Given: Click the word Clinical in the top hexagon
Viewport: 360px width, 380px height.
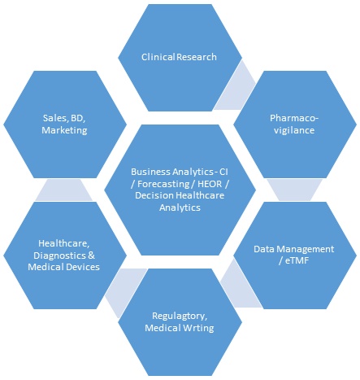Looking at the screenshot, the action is coord(158,57).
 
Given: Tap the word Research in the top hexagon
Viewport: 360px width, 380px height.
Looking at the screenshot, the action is coord(197,57).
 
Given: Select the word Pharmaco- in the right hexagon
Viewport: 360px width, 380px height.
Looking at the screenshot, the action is coord(294,118).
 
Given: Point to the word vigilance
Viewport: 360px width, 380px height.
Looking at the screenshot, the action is coord(294,130).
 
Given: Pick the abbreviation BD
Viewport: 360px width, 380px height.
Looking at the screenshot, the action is coord(78,118).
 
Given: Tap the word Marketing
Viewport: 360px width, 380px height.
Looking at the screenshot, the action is coord(64,130).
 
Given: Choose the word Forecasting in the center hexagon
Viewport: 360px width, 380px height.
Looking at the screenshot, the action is coord(163,184).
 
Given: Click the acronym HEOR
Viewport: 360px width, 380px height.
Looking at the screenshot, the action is coord(210,184).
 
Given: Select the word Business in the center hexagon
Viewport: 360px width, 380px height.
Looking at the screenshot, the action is coord(150,172).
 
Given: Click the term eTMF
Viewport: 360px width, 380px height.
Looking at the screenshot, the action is coord(297,260).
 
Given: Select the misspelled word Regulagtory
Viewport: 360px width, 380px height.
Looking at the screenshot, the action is coord(180,316).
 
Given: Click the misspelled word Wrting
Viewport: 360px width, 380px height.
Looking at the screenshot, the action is coord(198,328).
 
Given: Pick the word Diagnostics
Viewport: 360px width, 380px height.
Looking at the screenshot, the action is coord(60,256).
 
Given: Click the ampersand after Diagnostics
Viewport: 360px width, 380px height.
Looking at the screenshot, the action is coord(92,256).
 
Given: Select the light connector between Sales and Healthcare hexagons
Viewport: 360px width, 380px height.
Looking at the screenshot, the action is coord(64,190).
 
